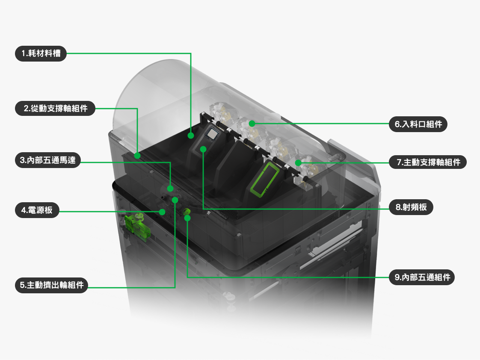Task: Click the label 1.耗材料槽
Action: click(x=41, y=53)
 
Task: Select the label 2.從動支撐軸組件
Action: click(x=55, y=108)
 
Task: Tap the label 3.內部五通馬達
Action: click(x=48, y=160)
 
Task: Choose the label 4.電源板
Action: click(x=37, y=210)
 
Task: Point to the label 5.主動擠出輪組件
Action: click(x=51, y=285)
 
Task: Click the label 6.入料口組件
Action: click(x=418, y=124)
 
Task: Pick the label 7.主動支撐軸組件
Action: click(x=428, y=162)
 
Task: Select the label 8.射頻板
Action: click(x=411, y=207)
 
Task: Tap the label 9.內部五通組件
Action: click(x=422, y=277)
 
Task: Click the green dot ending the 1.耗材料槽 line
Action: click(x=191, y=136)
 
